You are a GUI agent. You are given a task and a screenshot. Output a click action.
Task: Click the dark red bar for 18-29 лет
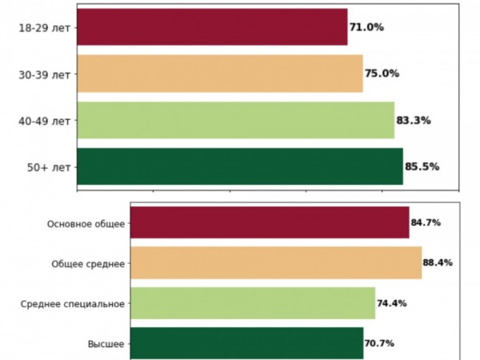tap(212, 27)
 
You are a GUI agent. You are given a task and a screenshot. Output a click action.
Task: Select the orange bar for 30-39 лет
tap(220, 74)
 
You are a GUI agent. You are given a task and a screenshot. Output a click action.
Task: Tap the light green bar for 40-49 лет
tap(235, 121)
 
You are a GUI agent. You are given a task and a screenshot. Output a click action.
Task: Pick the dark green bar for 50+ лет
tap(240, 167)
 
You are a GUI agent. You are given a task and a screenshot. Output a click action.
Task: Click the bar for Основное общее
tap(270, 222)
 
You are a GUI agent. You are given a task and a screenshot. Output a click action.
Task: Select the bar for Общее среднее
tap(275, 262)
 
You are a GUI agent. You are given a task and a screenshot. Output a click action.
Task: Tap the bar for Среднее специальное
tap(252, 303)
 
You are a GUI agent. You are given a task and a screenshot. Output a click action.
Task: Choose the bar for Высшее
tap(246, 343)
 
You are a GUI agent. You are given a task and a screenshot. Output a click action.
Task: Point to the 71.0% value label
tap(366, 27)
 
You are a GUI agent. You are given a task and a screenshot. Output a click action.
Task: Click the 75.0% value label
tap(382, 74)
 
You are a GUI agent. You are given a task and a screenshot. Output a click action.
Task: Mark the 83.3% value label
tap(414, 121)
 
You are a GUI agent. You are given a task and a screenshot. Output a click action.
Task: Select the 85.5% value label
tap(422, 167)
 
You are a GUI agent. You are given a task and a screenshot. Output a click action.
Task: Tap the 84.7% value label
tap(426, 222)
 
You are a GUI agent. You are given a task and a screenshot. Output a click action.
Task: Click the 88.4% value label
tap(438, 262)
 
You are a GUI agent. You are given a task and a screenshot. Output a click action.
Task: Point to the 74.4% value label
tap(392, 303)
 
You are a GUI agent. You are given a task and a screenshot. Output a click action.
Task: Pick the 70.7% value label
tap(380, 343)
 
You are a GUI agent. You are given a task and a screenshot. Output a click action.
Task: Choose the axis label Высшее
tap(106, 343)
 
